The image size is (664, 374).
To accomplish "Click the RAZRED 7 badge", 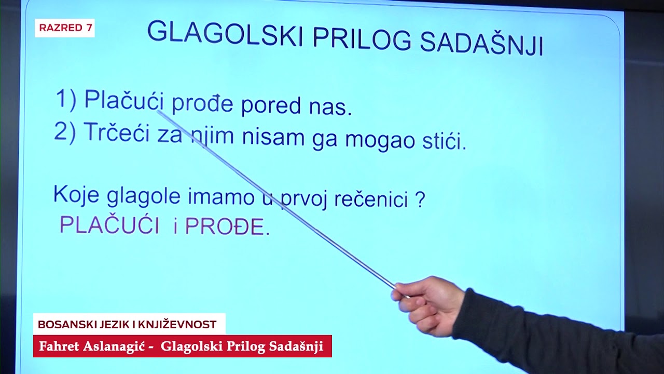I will [x=65, y=28].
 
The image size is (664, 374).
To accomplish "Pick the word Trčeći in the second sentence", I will [x=117, y=133].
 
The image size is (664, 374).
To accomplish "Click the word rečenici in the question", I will [x=364, y=200].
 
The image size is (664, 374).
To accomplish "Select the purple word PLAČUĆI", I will [x=109, y=225].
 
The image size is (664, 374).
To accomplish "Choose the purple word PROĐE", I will [x=224, y=226].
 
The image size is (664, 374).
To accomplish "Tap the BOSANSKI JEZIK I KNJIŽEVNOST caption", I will [x=127, y=325].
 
